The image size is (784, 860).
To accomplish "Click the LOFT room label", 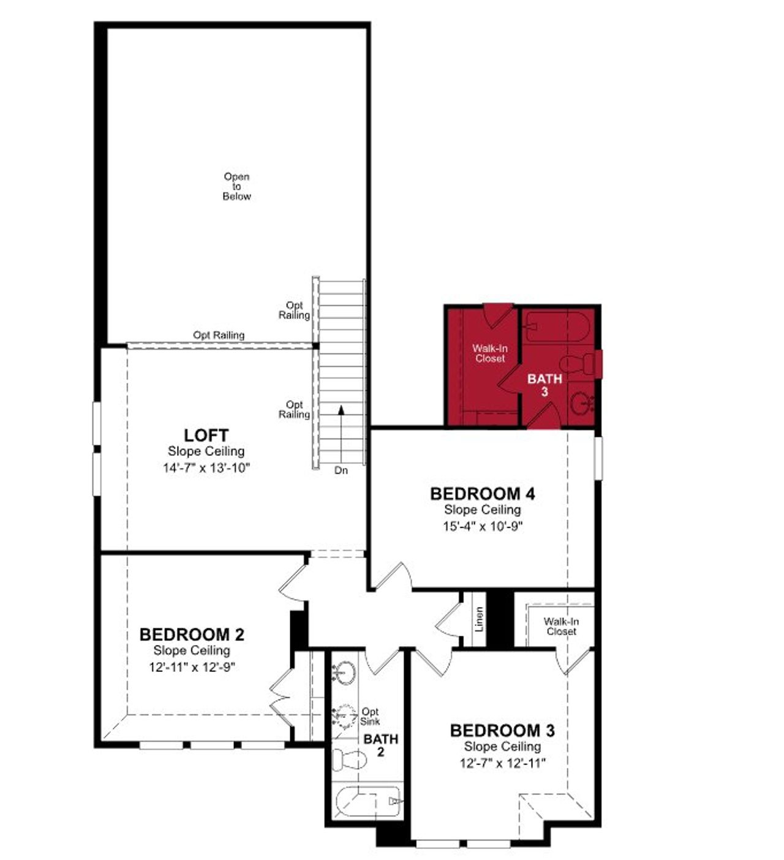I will (206, 436).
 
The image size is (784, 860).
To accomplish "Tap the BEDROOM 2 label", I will (192, 634).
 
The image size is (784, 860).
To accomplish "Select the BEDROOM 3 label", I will (502, 730).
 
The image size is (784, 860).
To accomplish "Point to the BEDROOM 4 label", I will (483, 494).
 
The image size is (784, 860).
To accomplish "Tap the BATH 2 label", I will (380, 745).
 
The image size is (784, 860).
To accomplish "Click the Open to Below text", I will (236, 186).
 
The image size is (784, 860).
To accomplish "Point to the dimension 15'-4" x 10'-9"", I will (483, 526).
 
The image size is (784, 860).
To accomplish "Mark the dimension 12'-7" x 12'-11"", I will (502, 763).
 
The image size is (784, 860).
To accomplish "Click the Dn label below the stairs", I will (341, 470).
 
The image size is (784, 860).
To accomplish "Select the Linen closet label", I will (479, 619).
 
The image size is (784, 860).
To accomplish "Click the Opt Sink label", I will (370, 716).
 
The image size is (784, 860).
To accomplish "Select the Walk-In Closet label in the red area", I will (490, 353).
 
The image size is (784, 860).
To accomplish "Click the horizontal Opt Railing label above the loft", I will (219, 335).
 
